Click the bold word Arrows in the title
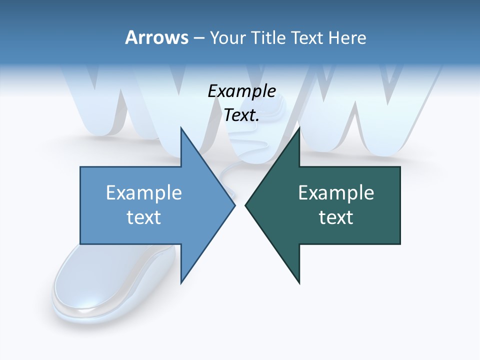click(x=156, y=37)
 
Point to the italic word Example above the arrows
click(x=241, y=91)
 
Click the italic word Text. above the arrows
click(x=241, y=115)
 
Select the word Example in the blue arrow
click(x=144, y=192)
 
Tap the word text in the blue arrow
click(x=144, y=217)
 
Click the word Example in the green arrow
click(x=336, y=192)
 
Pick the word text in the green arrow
click(x=336, y=217)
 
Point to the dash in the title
click(x=198, y=37)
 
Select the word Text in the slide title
click(x=307, y=37)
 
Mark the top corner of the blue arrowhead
click(x=181, y=127)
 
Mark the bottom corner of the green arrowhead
click(x=299, y=283)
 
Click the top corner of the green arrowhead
click(x=299, y=127)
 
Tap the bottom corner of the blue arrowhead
click(x=181, y=283)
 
